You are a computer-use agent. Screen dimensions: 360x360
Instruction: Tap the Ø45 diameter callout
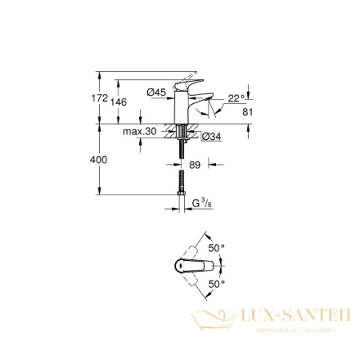tap(156, 93)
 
